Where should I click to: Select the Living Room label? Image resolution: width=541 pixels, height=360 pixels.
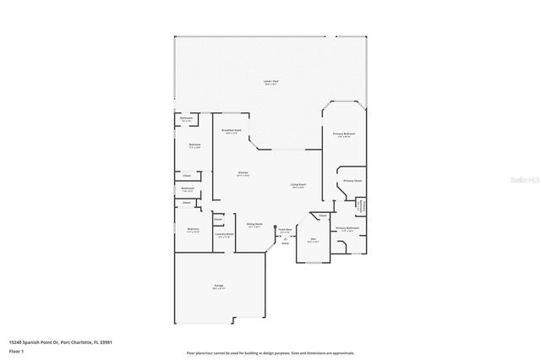(x=298, y=184)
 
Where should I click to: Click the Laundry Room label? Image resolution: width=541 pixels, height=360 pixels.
(x=224, y=235)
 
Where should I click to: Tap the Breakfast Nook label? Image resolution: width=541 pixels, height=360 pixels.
(x=232, y=131)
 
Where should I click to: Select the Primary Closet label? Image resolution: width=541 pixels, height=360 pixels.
(x=352, y=181)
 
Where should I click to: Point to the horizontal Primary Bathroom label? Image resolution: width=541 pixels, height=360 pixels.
(x=347, y=228)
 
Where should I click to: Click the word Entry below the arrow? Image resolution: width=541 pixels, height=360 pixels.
(x=285, y=244)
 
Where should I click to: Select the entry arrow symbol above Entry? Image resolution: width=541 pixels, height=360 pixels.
(x=285, y=238)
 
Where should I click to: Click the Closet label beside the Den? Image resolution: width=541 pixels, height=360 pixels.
(x=322, y=215)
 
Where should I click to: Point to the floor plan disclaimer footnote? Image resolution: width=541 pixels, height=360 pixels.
(x=270, y=353)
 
